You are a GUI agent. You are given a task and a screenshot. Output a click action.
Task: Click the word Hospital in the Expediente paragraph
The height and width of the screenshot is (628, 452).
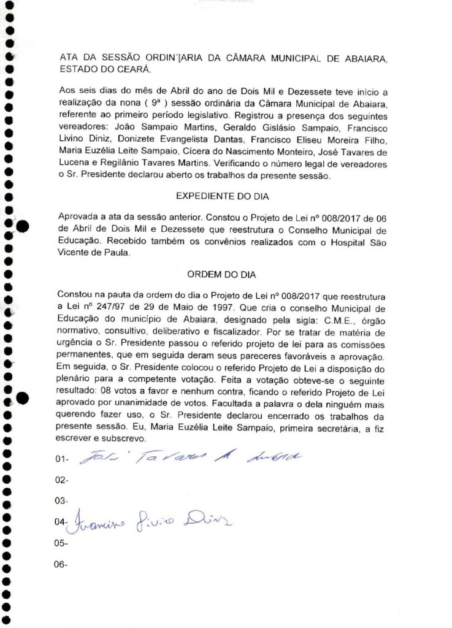pyautogui.click(x=350, y=242)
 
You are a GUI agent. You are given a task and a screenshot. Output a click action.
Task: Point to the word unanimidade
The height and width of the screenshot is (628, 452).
pyautogui.click(x=148, y=407)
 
